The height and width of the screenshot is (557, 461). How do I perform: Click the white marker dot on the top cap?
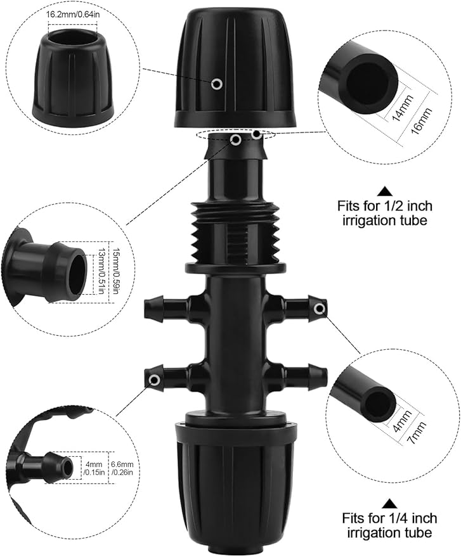[217, 84]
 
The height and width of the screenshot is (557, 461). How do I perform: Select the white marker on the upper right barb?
[320, 309]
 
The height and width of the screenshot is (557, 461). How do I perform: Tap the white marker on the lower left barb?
[154, 380]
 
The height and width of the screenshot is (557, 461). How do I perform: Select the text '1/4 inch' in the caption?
[413, 516]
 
